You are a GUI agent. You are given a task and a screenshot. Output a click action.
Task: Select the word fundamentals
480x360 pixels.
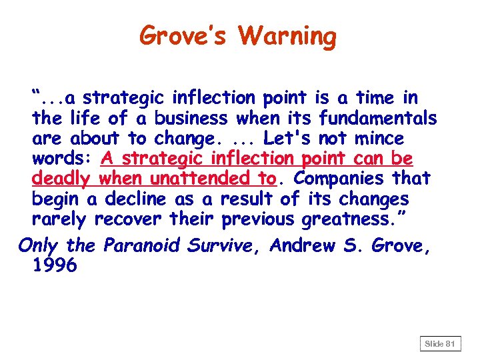(x=379, y=119)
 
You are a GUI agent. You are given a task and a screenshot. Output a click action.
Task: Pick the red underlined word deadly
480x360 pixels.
(x=63, y=179)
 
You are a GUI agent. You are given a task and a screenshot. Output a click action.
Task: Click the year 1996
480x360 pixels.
(x=55, y=265)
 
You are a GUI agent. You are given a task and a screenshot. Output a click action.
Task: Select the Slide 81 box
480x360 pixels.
(x=440, y=343)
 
